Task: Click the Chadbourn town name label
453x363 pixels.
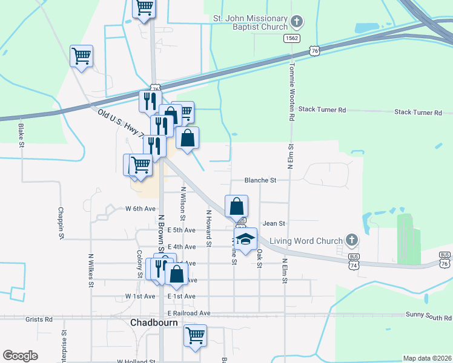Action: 154,322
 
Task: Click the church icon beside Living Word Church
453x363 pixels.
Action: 351,241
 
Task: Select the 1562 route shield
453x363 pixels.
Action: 292,38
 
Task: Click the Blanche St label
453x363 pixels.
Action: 260,180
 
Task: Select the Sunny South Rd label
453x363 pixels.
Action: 428,316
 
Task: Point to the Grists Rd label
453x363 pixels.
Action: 39,319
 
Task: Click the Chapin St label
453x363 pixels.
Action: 61,224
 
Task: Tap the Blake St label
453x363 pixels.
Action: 21,136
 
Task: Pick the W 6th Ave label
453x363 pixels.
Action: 141,209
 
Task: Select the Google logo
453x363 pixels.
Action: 21,356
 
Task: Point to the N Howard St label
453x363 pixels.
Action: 208,229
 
